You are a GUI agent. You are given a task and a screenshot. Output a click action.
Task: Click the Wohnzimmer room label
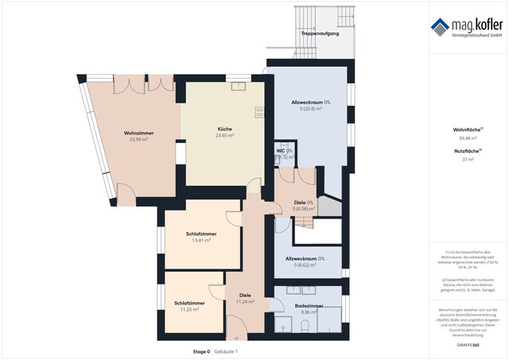pos(138,132)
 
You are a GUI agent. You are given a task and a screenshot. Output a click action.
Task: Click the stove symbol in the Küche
pos(259,111)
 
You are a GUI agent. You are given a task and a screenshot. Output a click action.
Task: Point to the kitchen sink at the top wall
pos(239,87)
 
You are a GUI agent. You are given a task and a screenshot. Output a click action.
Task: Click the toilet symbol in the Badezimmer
pos(284,324)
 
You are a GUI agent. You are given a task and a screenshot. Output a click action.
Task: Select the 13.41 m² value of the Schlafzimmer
pos(201,240)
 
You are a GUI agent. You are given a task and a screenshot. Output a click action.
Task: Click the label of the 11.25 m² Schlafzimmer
pos(190,303)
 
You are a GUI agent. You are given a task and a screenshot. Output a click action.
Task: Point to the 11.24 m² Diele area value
pos(245,302)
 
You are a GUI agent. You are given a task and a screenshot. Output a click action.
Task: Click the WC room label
pos(281,150)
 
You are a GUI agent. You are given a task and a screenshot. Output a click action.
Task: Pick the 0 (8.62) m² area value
pos(305,265)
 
